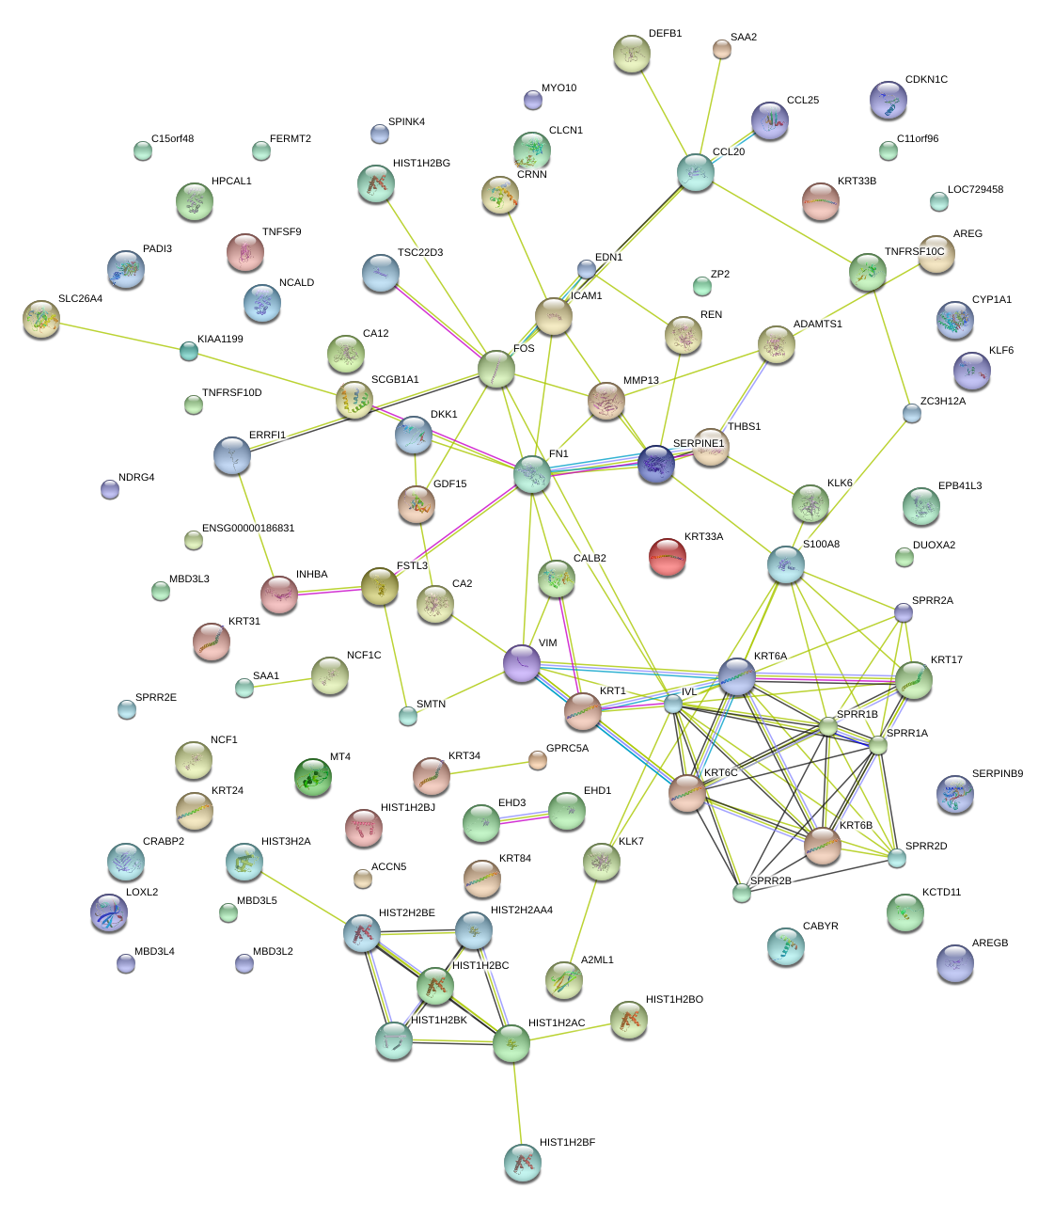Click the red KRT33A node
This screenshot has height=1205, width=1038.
pyautogui.click(x=668, y=556)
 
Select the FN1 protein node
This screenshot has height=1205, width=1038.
pyautogui.click(x=532, y=474)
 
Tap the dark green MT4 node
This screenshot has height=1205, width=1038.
pyautogui.click(x=312, y=777)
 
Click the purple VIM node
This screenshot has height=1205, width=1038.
pyautogui.click(x=522, y=663)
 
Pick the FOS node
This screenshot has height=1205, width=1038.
pyautogui.click(x=496, y=370)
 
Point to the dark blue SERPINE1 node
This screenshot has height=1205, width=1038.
pyautogui.click(x=656, y=464)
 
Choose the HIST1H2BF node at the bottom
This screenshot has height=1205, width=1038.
pyautogui.click(x=523, y=1163)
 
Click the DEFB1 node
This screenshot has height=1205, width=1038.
pyautogui.click(x=631, y=54)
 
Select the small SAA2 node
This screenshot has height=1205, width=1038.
pyautogui.click(x=721, y=49)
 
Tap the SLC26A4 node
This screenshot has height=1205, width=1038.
pyautogui.click(x=40, y=319)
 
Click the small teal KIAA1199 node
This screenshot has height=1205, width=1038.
pyautogui.click(x=189, y=352)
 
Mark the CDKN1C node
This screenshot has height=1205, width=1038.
pyautogui.click(x=888, y=99)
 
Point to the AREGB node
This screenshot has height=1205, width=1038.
pyautogui.click(x=955, y=962)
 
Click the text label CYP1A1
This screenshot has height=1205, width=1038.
pyautogui.click(x=992, y=300)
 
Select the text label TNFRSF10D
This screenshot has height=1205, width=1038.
pyautogui.click(x=231, y=393)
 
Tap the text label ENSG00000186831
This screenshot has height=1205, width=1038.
pyautogui.click(x=248, y=529)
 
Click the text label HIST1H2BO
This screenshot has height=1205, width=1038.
pyautogui.click(x=674, y=1000)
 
